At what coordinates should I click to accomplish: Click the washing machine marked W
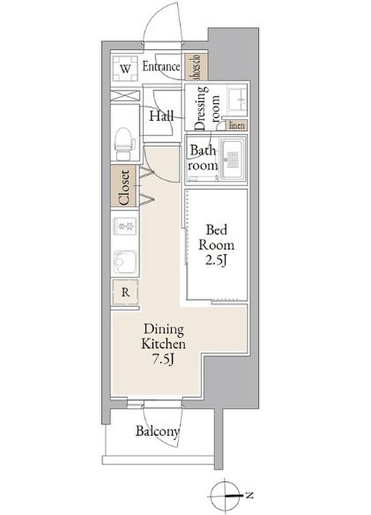(125, 68)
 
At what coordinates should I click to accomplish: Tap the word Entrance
(161, 67)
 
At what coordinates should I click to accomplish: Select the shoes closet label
(196, 67)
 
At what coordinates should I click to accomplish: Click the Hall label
(162, 116)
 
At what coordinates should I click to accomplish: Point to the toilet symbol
(125, 144)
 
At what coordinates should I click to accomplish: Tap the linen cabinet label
(237, 126)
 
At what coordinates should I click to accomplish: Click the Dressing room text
(207, 108)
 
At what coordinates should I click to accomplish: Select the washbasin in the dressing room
(237, 100)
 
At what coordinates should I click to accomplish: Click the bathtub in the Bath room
(233, 159)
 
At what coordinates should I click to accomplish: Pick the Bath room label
(202, 158)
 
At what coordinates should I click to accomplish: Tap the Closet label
(125, 188)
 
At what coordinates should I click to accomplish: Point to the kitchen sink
(125, 262)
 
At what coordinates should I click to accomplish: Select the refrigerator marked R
(125, 292)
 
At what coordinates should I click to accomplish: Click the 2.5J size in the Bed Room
(216, 260)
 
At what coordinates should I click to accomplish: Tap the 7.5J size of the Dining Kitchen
(163, 360)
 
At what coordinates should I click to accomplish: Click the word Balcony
(158, 431)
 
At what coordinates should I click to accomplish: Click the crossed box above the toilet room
(125, 96)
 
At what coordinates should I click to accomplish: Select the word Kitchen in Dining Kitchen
(163, 344)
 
